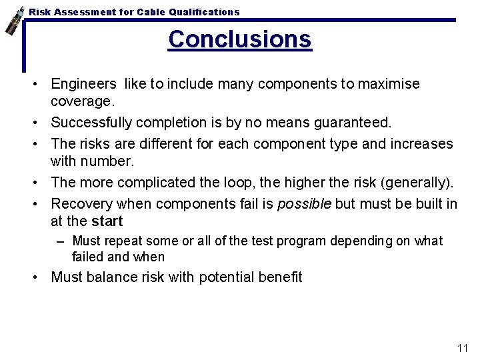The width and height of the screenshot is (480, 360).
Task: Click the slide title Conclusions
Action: coord(239,39)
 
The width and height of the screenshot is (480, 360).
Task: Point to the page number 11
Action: coord(462,348)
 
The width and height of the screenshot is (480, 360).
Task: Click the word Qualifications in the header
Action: coord(204,12)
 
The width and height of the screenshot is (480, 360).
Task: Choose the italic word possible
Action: coord(304,204)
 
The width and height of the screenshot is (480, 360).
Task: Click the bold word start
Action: coord(107,221)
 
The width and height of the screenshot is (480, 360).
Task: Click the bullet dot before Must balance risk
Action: coord(41,277)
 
